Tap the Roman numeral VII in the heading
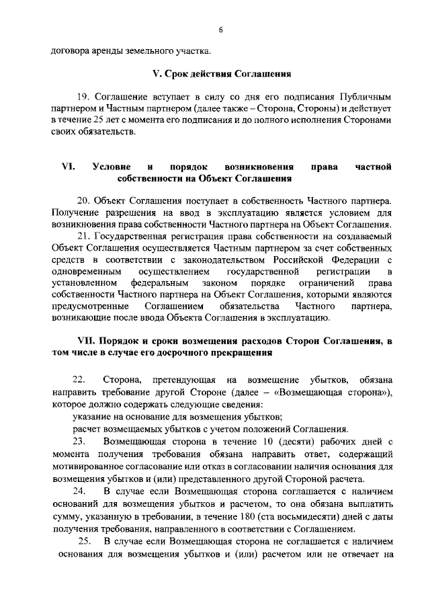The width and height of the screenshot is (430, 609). [x=89, y=340]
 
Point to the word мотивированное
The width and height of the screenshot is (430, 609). [x=84, y=467]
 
